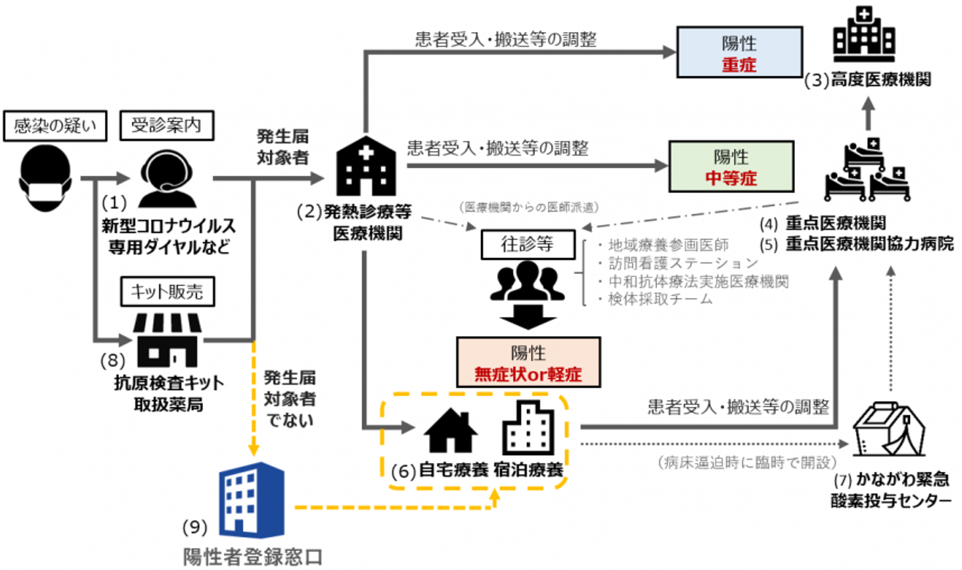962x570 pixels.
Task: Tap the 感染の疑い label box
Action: (x=55, y=126)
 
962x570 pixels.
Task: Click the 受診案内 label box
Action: (x=166, y=125)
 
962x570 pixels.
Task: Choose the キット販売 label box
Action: (x=167, y=291)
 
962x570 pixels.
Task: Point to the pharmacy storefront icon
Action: (x=168, y=339)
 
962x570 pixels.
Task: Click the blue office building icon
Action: (x=251, y=498)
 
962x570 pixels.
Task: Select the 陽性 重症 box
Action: (x=739, y=53)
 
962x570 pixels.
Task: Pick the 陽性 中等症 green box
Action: (x=731, y=166)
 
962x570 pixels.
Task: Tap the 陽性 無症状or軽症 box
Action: (x=528, y=362)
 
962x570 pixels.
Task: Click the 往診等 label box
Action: (x=528, y=245)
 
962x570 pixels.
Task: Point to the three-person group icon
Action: (x=528, y=281)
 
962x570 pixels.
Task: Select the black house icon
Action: (x=451, y=431)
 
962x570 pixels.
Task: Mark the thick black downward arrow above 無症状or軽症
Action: (x=528, y=318)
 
